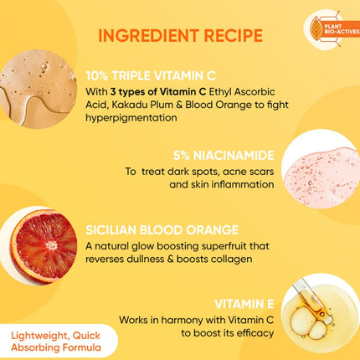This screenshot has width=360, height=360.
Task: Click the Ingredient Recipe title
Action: [x=179, y=35]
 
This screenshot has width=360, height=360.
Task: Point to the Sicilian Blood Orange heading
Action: [x=162, y=227]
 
